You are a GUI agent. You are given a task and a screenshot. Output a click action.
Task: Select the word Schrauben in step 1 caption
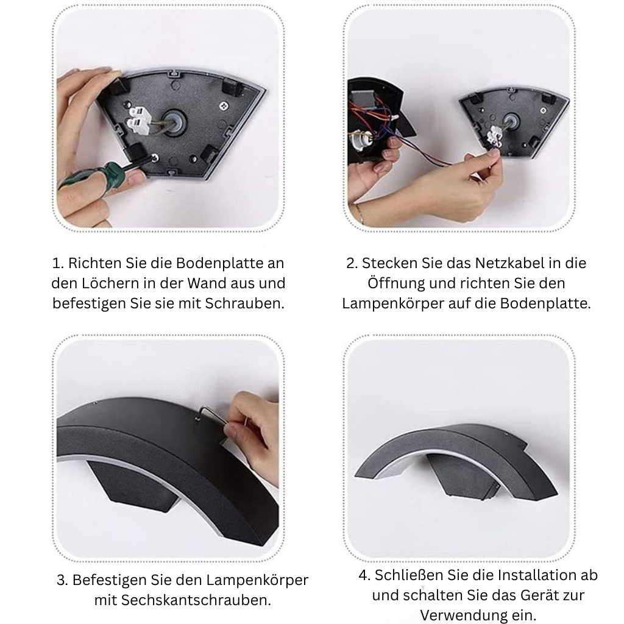click(245, 303)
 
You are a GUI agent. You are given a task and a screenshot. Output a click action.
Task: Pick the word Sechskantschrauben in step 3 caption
click(196, 600)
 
